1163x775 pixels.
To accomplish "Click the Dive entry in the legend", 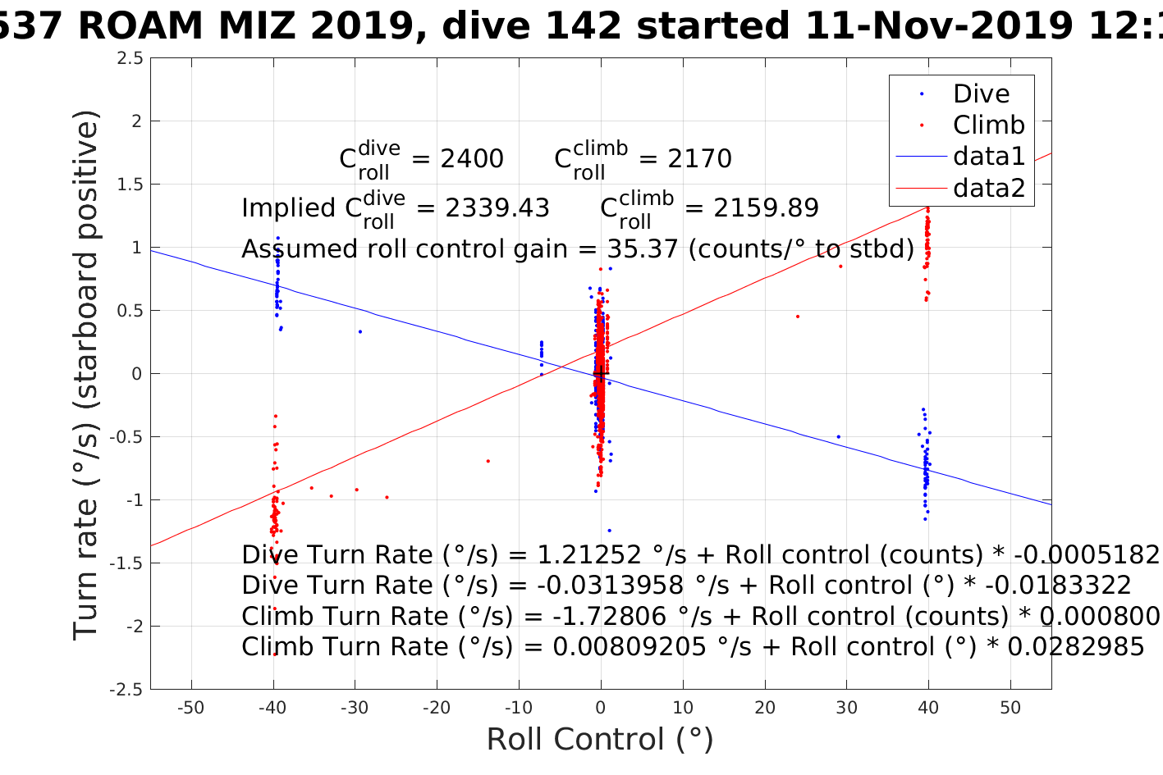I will click(x=981, y=94).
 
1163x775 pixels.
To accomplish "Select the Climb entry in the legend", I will click(x=988, y=125).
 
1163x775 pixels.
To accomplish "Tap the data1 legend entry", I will click(x=988, y=157).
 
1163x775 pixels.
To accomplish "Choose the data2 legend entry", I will click(x=988, y=189).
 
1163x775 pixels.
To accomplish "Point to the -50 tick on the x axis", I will click(x=190, y=708).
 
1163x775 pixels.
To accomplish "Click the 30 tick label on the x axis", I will click(x=846, y=708).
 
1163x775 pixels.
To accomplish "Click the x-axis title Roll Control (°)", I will click(x=600, y=740).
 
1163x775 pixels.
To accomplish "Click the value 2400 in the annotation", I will click(x=472, y=159).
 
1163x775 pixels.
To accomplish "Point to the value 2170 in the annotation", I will click(x=699, y=159).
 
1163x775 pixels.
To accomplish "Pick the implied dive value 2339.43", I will click(x=497, y=208).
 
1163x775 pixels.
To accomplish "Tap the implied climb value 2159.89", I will click(x=766, y=208).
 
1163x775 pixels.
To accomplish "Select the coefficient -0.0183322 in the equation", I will click(x=1058, y=586).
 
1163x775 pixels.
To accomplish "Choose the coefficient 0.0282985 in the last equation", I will click(x=1075, y=647).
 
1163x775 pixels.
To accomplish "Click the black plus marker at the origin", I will click(x=601, y=374).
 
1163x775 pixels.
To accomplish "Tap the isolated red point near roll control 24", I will click(x=797, y=317).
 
